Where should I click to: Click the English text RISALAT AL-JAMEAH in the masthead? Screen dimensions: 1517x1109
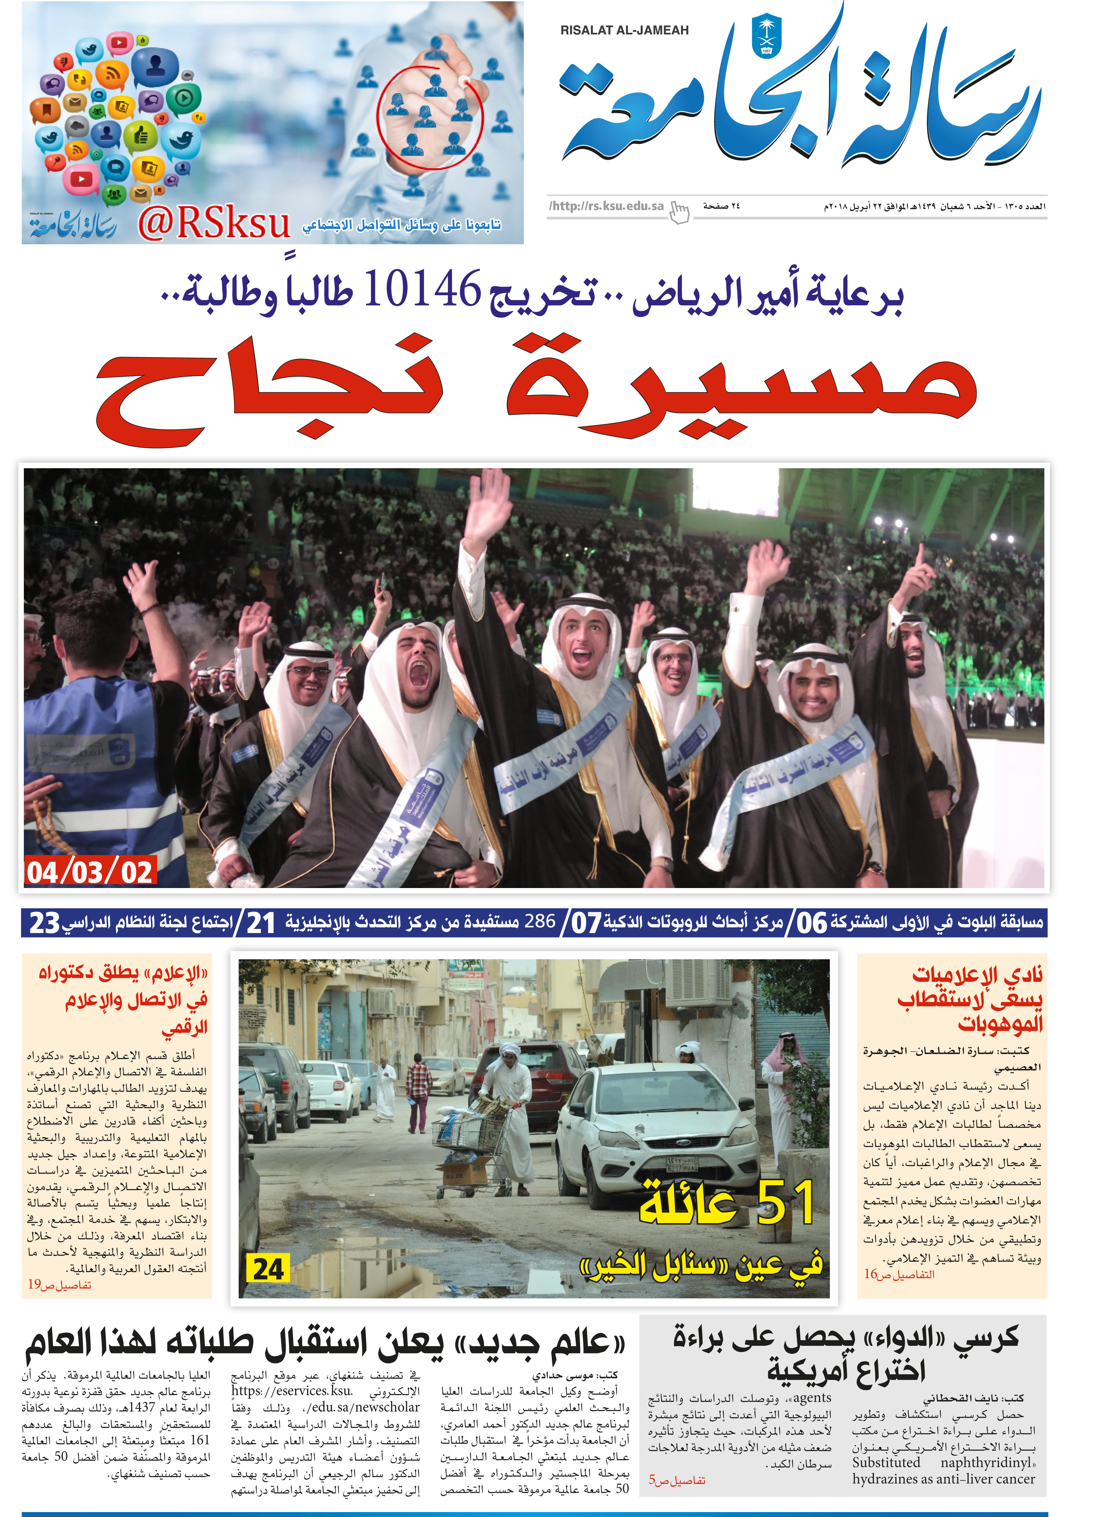(x=624, y=30)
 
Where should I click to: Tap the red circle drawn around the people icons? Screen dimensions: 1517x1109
(x=430, y=117)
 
